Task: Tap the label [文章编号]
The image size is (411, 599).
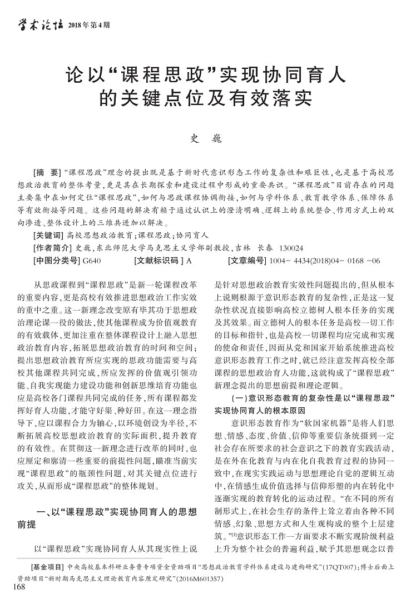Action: tap(247, 259)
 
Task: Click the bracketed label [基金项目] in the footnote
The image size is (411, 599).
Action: tap(46, 567)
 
